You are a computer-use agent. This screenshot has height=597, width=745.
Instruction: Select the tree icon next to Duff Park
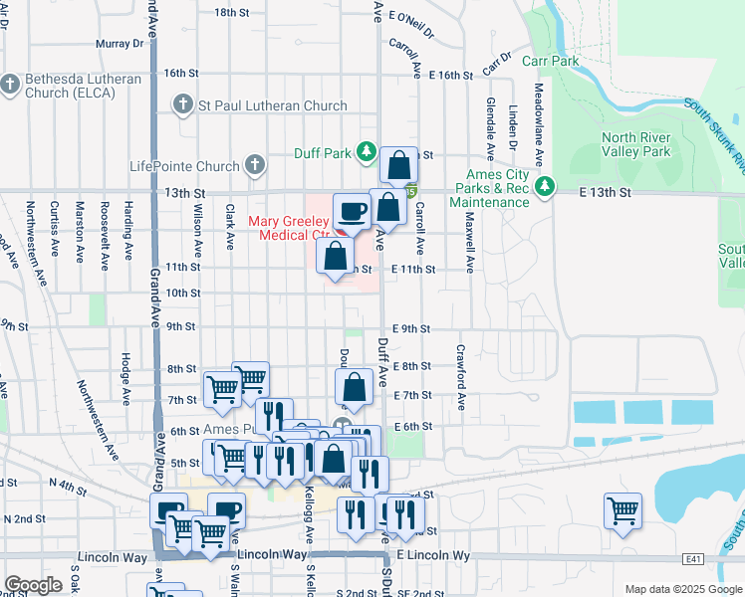[368, 151]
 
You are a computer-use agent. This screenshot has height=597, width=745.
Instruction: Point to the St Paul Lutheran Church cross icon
[182, 104]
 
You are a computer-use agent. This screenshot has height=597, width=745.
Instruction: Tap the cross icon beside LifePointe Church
[255, 165]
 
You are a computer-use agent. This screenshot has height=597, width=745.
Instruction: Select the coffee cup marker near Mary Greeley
[352, 212]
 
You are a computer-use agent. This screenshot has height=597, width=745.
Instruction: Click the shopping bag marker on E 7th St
[355, 387]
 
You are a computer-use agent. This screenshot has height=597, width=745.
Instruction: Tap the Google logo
[33, 585]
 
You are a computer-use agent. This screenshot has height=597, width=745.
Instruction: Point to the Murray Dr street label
[121, 44]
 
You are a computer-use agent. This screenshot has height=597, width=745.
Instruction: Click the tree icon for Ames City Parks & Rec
[545, 185]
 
